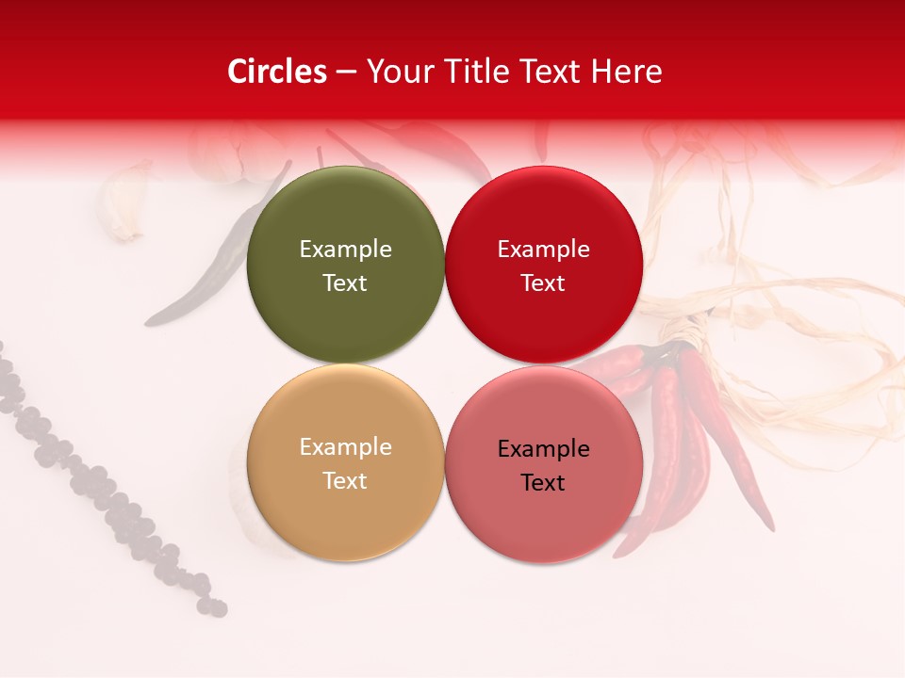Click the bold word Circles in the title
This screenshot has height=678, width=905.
(x=277, y=72)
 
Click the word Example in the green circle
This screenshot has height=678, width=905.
(x=345, y=249)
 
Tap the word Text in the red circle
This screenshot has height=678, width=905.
(x=543, y=282)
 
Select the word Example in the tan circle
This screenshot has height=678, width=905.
(x=345, y=446)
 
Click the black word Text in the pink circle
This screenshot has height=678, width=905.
(x=543, y=482)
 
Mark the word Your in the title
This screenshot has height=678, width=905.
(x=399, y=72)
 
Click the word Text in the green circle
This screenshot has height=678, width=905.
(x=345, y=282)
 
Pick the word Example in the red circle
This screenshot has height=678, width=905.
(x=543, y=249)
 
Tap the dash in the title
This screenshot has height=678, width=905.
(x=346, y=72)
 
